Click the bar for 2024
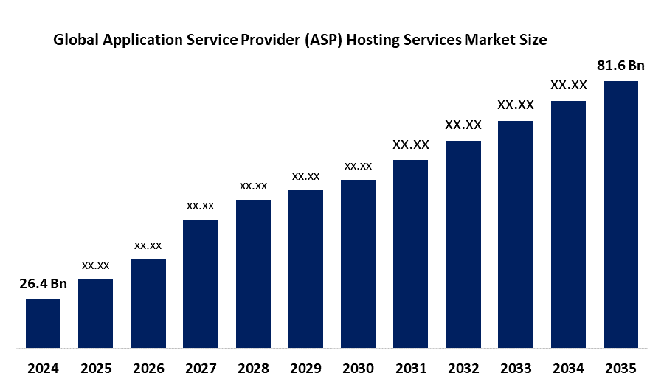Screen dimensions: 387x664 43,323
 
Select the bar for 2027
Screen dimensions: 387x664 201,283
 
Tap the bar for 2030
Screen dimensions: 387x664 358,263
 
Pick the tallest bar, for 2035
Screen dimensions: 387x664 620,214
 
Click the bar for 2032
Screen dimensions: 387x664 463,243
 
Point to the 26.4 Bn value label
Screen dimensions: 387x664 43,284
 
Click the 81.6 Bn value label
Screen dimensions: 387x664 620,66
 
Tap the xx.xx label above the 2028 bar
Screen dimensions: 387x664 253,185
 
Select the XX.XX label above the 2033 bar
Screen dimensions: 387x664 516,105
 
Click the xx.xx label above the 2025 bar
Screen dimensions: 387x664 96,265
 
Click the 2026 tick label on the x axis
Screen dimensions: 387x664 148,367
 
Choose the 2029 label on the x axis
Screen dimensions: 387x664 305,367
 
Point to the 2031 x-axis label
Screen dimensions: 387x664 410,367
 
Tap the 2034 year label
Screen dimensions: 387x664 568,367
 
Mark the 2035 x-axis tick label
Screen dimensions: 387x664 620,367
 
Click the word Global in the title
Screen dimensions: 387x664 77,41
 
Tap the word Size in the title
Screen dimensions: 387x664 533,41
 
